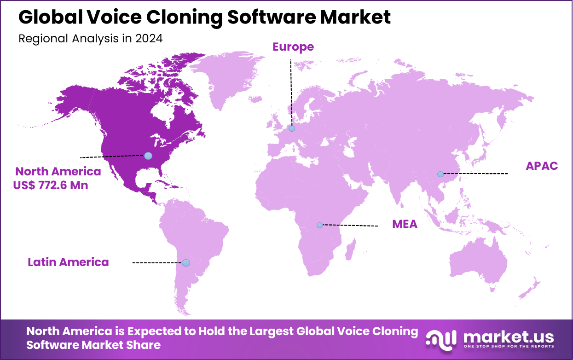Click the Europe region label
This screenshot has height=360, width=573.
(x=293, y=46)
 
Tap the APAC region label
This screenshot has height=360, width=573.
(x=542, y=166)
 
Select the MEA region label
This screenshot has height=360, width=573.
(x=405, y=224)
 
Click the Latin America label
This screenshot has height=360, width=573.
(x=68, y=262)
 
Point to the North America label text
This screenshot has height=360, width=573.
(x=58, y=172)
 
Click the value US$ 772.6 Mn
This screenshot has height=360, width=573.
(x=51, y=186)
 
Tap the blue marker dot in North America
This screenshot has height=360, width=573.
(x=148, y=156)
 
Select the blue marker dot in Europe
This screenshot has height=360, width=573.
(x=291, y=128)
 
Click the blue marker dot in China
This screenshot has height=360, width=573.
(x=440, y=174)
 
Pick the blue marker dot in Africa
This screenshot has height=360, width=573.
(x=319, y=225)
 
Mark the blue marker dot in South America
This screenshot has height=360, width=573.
(x=185, y=263)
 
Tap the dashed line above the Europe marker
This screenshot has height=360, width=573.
(x=291, y=92)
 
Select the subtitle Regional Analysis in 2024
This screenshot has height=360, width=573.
(x=90, y=38)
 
